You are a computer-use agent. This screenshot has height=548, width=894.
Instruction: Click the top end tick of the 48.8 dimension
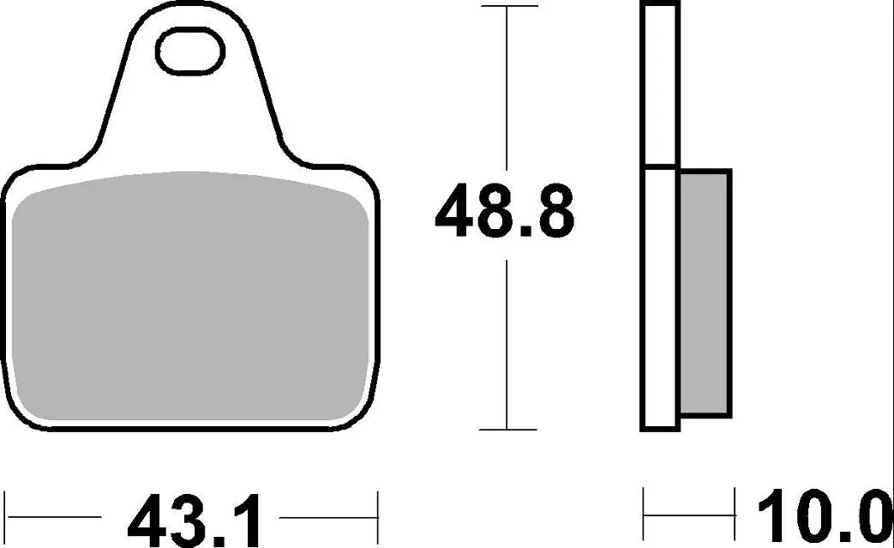(508, 7)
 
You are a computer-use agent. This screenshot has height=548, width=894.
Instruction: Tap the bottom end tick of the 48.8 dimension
(508, 430)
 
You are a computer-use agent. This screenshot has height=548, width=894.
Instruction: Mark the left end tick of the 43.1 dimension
(6, 517)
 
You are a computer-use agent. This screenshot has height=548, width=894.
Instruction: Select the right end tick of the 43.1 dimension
(377, 517)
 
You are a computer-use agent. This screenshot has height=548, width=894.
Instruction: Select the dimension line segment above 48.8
(508, 86)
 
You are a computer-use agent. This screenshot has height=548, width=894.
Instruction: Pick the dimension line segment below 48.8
(508, 343)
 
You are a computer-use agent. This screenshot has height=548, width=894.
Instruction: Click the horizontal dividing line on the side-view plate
(659, 166)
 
